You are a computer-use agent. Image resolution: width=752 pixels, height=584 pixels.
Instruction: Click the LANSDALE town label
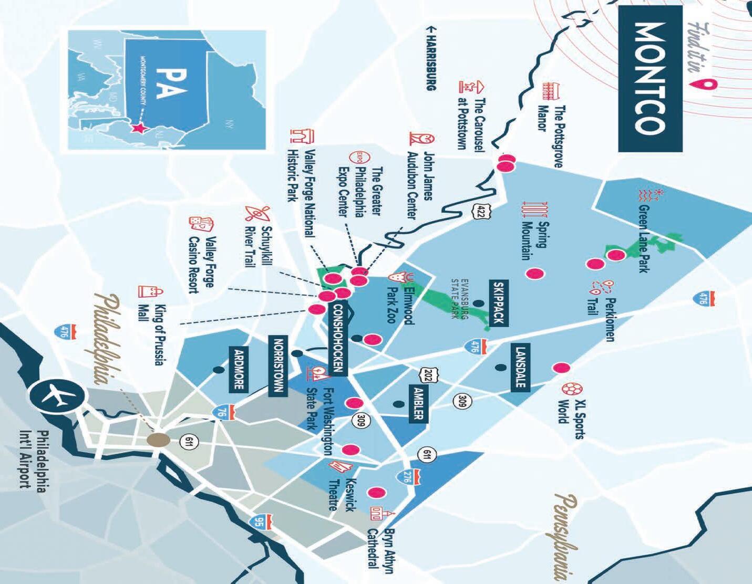click(x=520, y=367)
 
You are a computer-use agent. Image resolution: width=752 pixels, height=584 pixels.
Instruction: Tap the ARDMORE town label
click(x=239, y=369)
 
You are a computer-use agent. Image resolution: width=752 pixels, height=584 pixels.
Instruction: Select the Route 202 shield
click(x=426, y=375)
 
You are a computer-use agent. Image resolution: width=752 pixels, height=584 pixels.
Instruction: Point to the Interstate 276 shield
click(x=408, y=477)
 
